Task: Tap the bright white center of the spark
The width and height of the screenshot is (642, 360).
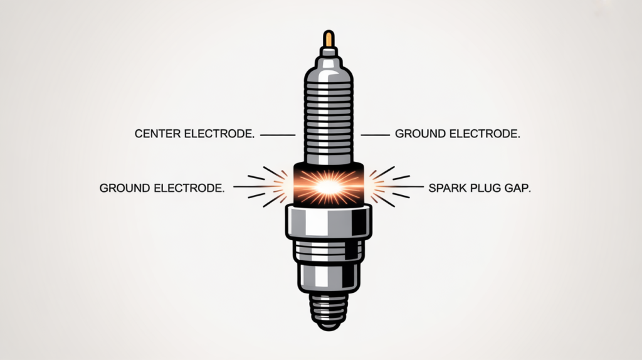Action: click(327, 186)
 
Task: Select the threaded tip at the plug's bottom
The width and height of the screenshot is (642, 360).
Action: click(327, 310)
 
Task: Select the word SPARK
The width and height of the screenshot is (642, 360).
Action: click(447, 188)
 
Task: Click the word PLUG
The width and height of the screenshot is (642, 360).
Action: click(485, 188)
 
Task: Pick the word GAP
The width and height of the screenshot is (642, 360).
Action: click(516, 188)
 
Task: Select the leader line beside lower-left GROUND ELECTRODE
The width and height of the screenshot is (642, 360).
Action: click(248, 186)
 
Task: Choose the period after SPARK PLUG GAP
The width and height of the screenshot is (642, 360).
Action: click(530, 191)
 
